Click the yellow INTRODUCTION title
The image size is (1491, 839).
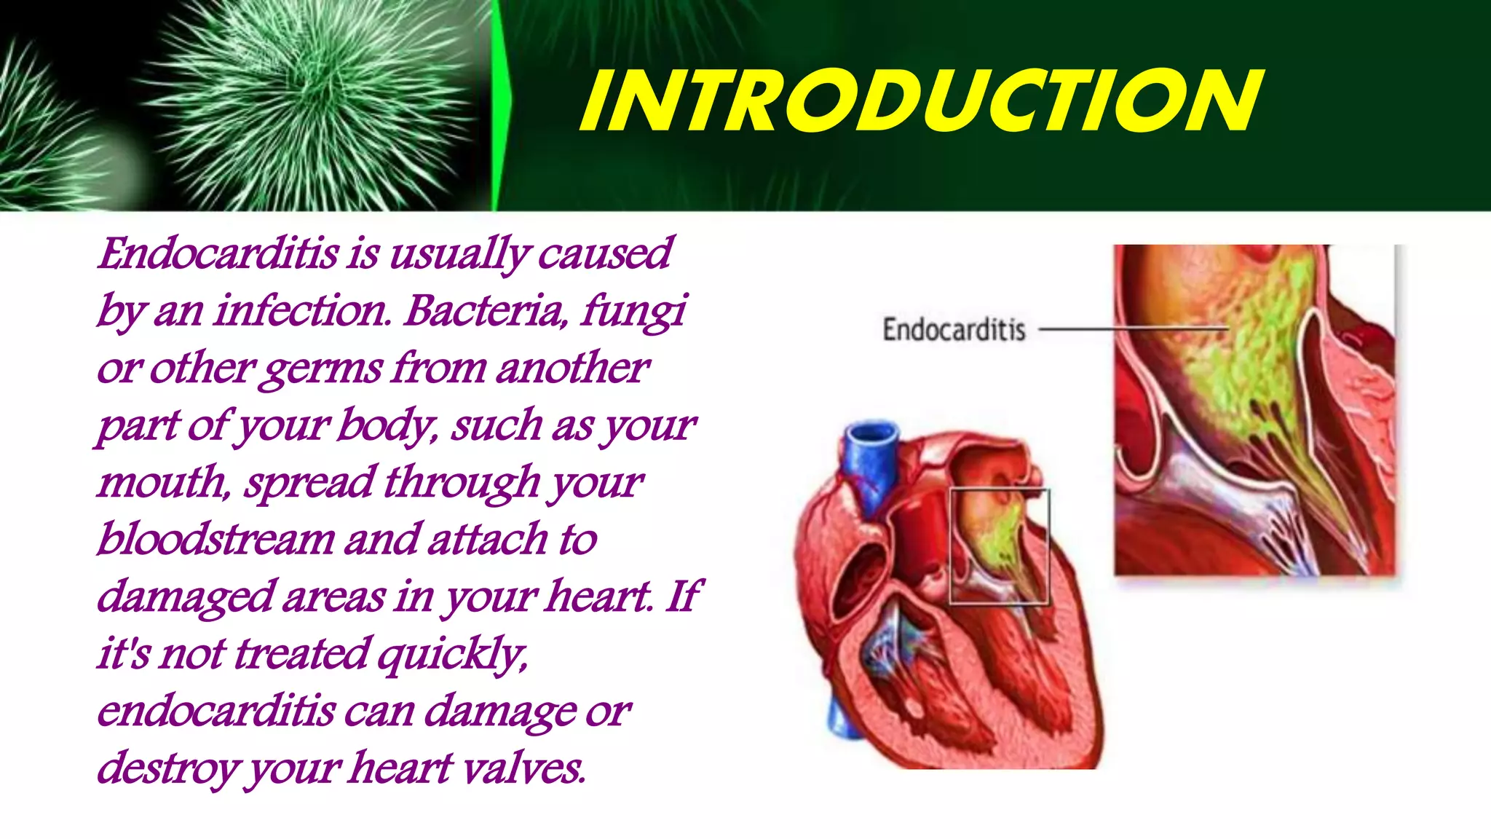click(921, 102)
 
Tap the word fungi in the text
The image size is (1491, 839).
click(633, 311)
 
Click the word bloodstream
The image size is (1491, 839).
click(215, 540)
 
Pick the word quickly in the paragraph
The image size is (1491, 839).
click(452, 654)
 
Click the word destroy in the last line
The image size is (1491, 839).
click(168, 768)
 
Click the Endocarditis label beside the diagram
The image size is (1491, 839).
click(954, 330)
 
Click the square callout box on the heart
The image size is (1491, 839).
click(999, 546)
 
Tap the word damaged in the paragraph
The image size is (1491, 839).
click(185, 597)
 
